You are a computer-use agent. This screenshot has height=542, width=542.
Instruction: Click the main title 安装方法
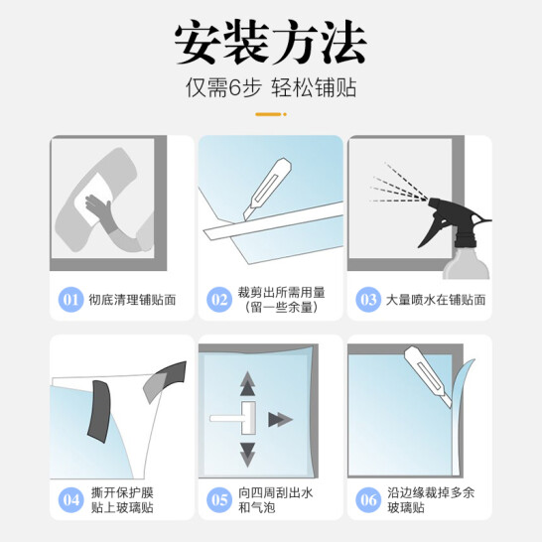pos(270,42)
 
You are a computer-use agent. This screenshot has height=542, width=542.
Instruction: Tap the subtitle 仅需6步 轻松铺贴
pos(271,87)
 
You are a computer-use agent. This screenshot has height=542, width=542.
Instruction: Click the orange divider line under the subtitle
pos(271,114)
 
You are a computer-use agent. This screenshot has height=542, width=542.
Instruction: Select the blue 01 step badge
pos(70,300)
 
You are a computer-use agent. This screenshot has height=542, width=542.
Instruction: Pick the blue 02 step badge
pos(219,300)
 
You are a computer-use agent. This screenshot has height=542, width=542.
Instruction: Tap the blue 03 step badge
pos(368,300)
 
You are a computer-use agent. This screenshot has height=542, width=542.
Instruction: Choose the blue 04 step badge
pos(70,500)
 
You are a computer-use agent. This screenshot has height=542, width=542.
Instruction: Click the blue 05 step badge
pos(219,500)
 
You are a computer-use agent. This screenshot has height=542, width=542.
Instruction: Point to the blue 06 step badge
pos(368,500)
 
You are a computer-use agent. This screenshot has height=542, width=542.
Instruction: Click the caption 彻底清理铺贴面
pos(132,300)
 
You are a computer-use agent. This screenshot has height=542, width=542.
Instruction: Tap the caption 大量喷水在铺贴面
pos(436,300)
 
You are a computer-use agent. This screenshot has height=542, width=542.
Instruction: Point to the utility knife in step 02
pos(268,189)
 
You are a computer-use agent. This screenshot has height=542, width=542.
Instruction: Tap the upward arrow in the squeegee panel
pos(247,384)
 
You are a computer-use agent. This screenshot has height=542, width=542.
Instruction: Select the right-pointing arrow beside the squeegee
pos(280,420)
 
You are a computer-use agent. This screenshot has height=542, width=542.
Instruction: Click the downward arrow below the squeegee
pos(247,455)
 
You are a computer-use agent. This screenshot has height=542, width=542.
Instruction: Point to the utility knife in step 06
pos(428,376)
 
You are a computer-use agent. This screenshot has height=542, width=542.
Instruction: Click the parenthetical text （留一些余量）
pos(281,308)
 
